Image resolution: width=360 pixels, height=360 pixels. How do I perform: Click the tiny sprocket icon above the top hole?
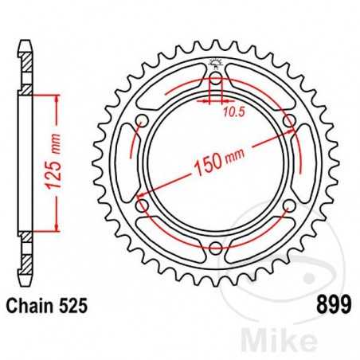(215, 63)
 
